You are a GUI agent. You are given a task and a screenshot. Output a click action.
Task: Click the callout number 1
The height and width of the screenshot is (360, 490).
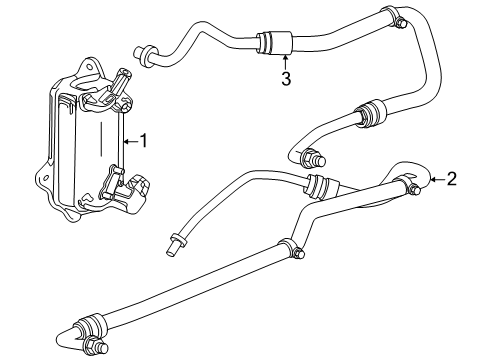tap(143, 141)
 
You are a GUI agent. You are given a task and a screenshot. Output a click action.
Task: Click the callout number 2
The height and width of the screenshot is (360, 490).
tap(451, 180)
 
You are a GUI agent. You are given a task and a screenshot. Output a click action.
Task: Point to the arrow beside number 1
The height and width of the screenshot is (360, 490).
tap(128, 141)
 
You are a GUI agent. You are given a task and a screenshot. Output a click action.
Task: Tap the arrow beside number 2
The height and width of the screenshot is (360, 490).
tap(435, 180)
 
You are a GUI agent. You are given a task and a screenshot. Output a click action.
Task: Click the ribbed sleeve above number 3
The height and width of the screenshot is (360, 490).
tap(273, 44)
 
